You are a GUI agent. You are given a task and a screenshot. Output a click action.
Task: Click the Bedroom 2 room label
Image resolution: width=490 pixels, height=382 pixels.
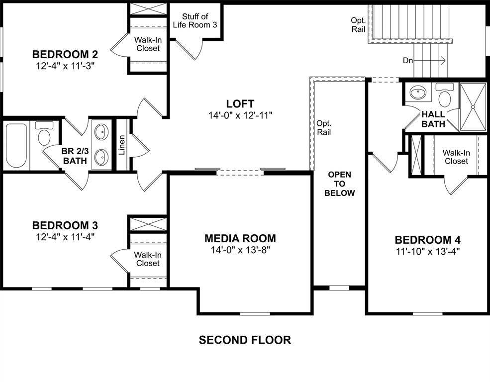coord(65,54)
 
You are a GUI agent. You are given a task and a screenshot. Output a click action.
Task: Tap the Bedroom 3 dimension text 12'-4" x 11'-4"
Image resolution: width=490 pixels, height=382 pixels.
coord(65,237)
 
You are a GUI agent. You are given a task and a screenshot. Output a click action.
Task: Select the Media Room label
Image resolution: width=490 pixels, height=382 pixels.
coord(240,239)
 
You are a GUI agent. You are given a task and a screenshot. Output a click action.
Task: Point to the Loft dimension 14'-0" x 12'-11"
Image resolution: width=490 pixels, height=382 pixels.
coord(240,115)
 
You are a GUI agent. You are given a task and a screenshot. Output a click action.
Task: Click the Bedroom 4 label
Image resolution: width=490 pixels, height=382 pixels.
coord(428,240)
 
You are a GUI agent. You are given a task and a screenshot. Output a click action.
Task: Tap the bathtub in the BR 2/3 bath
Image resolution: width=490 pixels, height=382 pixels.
coord(17,145)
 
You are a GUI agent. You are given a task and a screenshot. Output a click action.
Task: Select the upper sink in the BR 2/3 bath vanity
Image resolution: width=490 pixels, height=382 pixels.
coord(101,133)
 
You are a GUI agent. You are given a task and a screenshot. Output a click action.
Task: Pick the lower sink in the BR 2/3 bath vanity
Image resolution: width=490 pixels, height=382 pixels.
coord(101,157)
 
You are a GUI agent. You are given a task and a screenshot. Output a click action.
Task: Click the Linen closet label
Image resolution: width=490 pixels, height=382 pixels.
coord(122,145)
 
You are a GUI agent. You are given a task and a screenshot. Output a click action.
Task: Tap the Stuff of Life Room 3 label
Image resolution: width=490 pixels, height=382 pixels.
coord(195,21)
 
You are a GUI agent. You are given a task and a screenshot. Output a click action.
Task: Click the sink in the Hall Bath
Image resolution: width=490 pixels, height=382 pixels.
coord(417,93)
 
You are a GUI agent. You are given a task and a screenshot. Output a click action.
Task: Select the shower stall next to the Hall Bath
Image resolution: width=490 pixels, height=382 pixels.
coord(473,107)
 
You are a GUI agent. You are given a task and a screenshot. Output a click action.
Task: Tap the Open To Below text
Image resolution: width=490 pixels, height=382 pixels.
coord(339,184)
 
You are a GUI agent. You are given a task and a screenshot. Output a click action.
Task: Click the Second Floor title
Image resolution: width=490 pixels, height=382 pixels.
coord(245,340)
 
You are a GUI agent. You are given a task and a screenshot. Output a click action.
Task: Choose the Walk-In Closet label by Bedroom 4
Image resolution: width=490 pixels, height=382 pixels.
coord(456,157)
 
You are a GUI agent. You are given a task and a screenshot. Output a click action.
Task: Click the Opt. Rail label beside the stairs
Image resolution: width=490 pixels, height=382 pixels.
coord(358,25)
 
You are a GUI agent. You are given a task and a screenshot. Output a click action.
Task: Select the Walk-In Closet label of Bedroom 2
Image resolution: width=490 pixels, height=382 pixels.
coord(148,44)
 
